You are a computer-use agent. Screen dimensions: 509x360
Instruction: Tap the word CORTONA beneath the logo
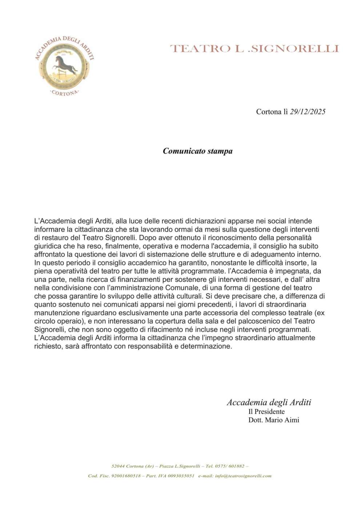coord(64,93)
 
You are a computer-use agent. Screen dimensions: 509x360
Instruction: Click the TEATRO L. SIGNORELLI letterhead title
coord(254,48)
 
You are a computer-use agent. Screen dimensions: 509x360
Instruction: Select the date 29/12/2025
coord(308,112)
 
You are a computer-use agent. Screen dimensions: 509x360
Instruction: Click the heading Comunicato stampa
coord(197,151)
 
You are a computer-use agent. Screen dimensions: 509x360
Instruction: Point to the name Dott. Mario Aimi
coord(273,420)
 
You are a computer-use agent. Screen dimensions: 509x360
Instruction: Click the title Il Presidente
coord(266,412)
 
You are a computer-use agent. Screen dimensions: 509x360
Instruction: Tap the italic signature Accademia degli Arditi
coord(269,402)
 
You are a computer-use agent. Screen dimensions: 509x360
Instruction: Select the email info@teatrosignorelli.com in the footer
coord(243,476)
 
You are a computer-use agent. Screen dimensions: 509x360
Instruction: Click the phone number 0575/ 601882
coord(229,466)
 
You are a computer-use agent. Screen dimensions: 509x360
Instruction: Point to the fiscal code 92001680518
coord(126,476)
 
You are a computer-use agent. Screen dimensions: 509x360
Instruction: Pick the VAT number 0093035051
coord(181,476)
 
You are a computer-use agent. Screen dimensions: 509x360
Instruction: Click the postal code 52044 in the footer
coord(118,466)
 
